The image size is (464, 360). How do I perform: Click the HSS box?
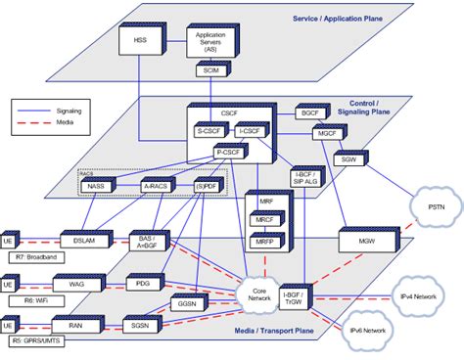click(139, 41)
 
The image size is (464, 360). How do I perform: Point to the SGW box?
click(348, 159)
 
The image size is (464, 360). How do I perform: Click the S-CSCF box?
click(211, 132)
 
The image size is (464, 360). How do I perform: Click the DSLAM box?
click(75, 240)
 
